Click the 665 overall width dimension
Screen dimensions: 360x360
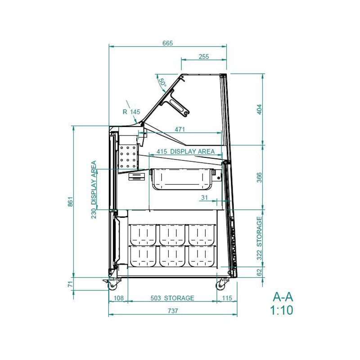pyautogui.click(x=167, y=43)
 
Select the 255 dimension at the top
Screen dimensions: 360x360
pyautogui.click(x=204, y=57)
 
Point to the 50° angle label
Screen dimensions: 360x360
pyautogui.click(x=162, y=83)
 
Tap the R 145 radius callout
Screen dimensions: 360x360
pyautogui.click(x=131, y=112)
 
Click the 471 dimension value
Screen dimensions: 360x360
pyautogui.click(x=180, y=130)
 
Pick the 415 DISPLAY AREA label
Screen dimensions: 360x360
pyautogui.click(x=185, y=152)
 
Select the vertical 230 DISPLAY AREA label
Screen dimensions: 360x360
pyautogui.click(x=94, y=189)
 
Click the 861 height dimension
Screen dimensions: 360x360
pyautogui.click(x=71, y=202)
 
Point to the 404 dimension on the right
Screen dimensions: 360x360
pyautogui.click(x=259, y=109)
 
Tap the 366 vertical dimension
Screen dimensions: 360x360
pyautogui.click(x=259, y=177)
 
